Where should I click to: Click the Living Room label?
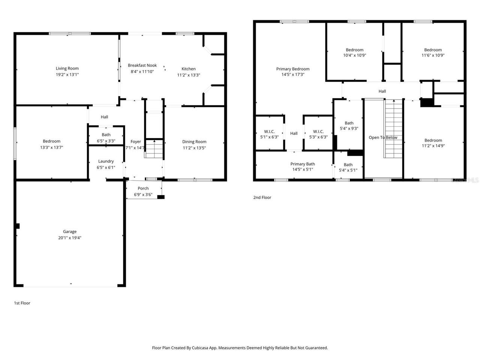tap(67, 68)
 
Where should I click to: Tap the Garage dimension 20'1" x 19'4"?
tap(70, 238)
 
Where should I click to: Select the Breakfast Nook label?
tap(142, 65)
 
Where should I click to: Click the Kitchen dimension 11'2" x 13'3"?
tap(189, 75)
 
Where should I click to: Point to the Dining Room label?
tap(194, 142)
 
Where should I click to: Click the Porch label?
tap(143, 188)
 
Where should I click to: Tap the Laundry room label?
tap(106, 161)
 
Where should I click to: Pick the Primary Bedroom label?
tap(293, 69)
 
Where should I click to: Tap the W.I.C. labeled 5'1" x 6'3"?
tap(269, 134)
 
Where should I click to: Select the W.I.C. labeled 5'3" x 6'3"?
tap(318, 134)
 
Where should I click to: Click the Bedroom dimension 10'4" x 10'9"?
tap(354, 55)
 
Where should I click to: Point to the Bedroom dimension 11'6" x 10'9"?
tap(433, 55)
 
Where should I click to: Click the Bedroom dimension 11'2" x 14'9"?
tap(433, 146)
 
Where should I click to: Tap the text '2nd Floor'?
tap(262, 198)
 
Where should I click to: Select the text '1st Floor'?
tap(22, 303)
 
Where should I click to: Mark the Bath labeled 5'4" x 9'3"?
tap(349, 126)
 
